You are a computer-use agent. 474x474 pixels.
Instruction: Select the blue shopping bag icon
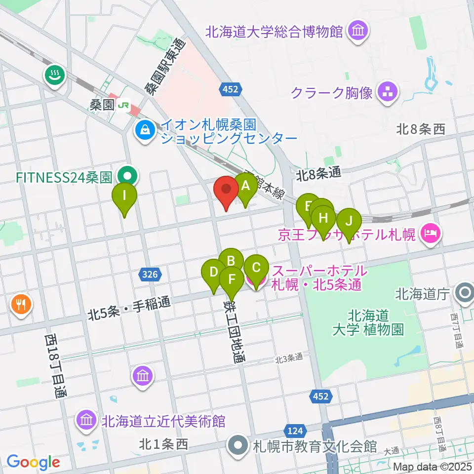145,130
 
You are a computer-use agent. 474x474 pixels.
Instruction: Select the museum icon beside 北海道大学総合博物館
357,32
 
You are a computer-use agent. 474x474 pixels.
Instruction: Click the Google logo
33,462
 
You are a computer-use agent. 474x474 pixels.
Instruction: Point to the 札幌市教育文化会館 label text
315,447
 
